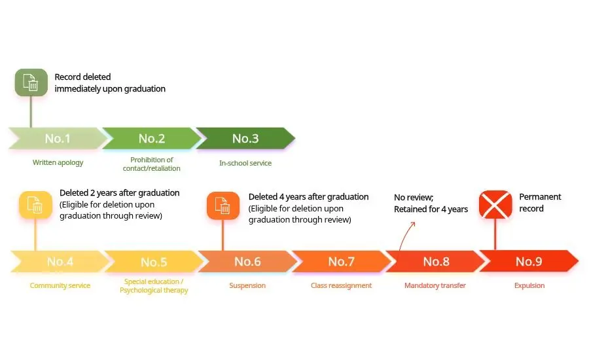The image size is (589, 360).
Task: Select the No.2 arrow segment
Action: coord(151,138)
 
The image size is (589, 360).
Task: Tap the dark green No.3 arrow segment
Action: coord(245,138)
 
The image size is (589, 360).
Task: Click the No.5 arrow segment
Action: coord(153,262)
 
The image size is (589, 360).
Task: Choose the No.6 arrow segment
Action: coord(247,262)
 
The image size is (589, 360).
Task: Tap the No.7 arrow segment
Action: coord(341,262)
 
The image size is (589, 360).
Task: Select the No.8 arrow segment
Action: coord(435,262)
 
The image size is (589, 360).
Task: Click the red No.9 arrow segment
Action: coord(529,262)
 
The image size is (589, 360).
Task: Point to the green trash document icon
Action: coord(31,83)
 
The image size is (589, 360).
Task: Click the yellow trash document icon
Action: coord(35,206)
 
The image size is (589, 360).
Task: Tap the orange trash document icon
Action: coord(223,206)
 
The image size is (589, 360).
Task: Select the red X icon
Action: coord(495,205)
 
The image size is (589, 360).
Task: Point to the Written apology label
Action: coord(58,162)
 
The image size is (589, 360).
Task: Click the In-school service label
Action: coord(245,162)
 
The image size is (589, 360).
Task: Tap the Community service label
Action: coord(60,285)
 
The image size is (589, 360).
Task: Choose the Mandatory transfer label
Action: coord(435,285)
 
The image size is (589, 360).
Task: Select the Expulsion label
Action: coord(529,285)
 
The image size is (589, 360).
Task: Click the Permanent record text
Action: coord(540,202)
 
